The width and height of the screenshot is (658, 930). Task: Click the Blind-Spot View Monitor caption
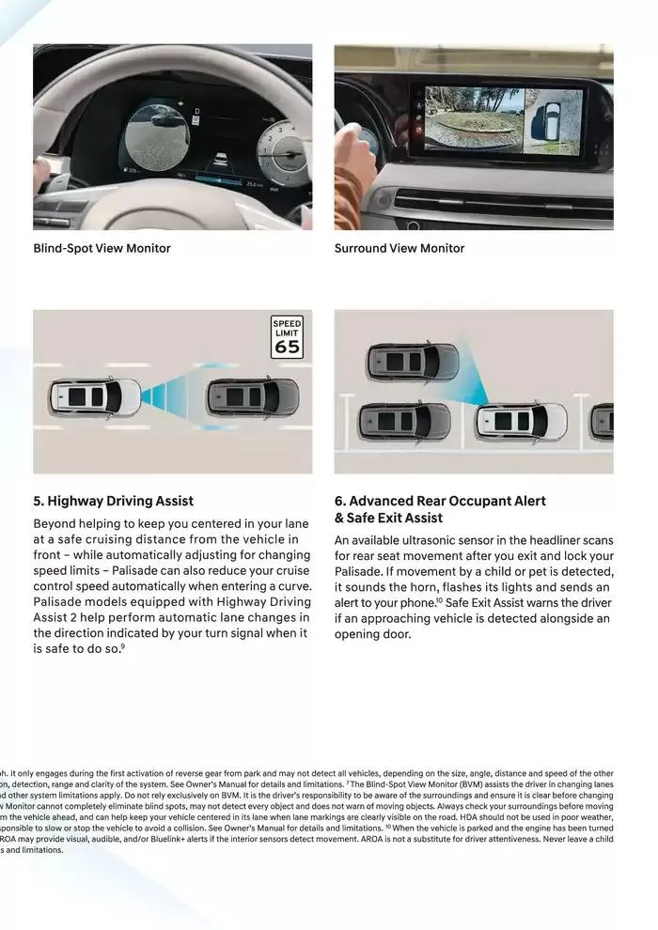102,248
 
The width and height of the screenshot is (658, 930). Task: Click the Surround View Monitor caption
399,248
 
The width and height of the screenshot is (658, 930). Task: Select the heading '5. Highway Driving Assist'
113,501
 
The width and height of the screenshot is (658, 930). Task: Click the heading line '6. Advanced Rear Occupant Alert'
440,501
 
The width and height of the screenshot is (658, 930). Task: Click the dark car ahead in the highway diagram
253,396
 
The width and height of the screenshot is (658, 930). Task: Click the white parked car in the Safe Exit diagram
521,422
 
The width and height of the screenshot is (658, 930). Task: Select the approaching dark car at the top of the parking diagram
413,362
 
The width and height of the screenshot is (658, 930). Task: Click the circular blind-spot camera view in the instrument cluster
158,138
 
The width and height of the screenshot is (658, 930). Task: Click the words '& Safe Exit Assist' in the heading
388,518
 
